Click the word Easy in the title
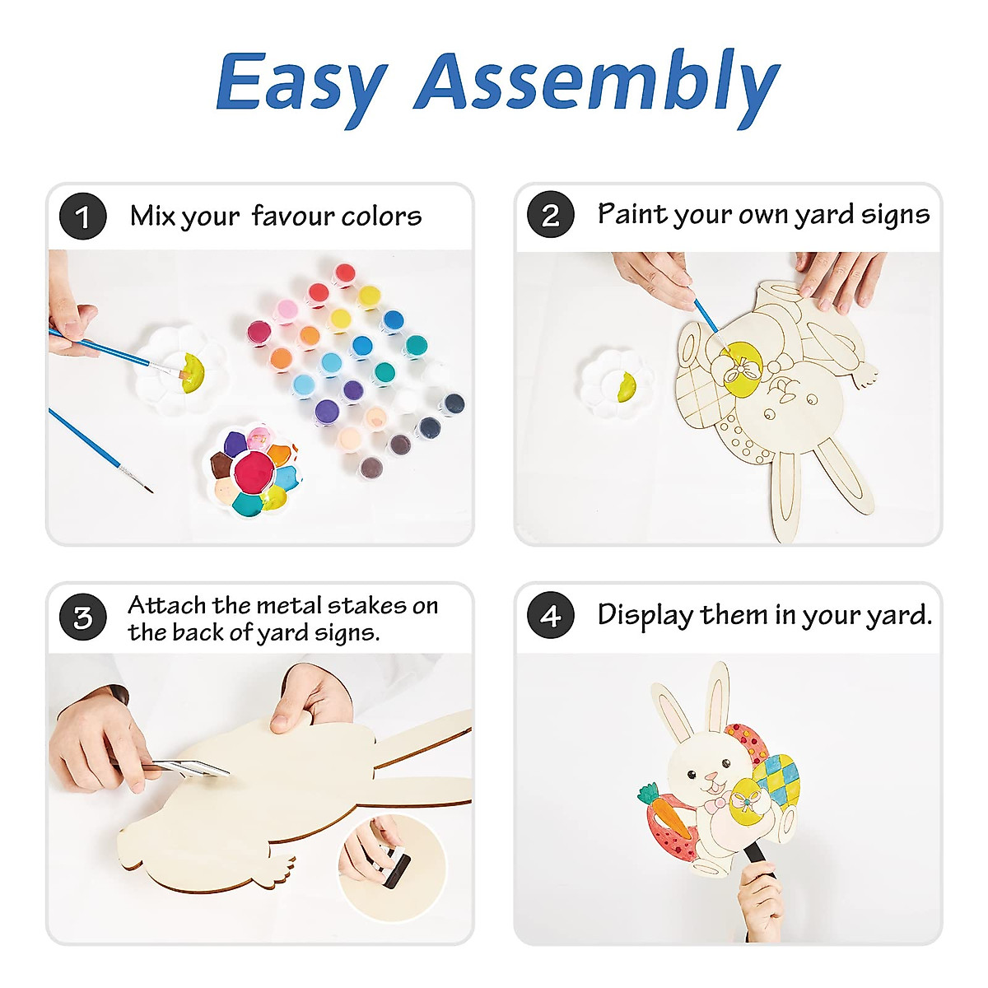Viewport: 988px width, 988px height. tap(301, 82)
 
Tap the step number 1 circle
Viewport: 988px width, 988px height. tap(82, 217)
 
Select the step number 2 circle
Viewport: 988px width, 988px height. tap(550, 215)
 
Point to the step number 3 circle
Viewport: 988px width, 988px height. tap(82, 617)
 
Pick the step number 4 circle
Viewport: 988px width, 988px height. tap(550, 616)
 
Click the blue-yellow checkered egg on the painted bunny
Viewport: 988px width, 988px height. tap(779, 778)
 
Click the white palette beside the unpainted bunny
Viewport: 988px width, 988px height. tap(616, 383)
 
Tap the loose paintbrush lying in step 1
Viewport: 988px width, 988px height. tap(99, 449)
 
